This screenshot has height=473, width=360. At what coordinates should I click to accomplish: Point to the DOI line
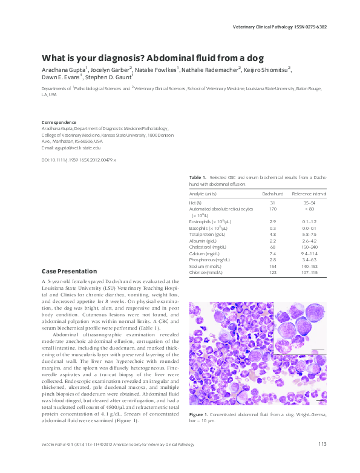pyautogui.click(x=78, y=160)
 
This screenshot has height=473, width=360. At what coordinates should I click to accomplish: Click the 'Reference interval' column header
pyautogui.click(x=309, y=193)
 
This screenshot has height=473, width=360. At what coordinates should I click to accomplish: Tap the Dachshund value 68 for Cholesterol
pyautogui.click(x=273, y=247)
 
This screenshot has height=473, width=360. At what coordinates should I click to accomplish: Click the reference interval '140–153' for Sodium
pyautogui.click(x=309, y=266)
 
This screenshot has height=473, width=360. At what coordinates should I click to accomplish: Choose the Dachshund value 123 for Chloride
pyautogui.click(x=273, y=272)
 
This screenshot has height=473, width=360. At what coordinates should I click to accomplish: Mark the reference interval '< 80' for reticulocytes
pyautogui.click(x=309, y=209)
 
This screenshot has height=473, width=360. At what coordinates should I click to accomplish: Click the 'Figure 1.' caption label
pyautogui.click(x=199, y=414)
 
